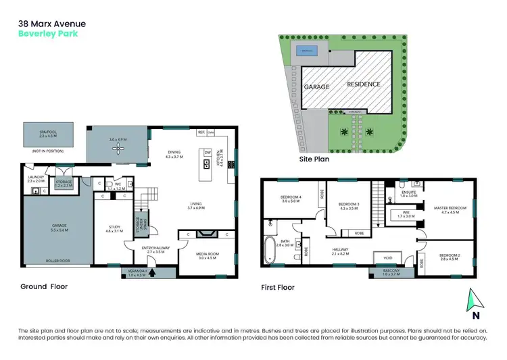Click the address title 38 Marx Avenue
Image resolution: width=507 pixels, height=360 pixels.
pos(51,24)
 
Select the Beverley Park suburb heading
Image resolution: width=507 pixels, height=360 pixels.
pos(43,34)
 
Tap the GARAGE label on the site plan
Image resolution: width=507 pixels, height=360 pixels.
pos(316,87)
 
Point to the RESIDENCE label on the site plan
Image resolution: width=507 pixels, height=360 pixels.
pos(364,84)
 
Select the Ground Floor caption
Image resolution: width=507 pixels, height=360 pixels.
pos(45,286)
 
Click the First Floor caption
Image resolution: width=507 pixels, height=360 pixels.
pos(278,287)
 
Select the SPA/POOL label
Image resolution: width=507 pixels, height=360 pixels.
pos(42,132)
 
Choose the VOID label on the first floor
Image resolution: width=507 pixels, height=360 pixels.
pos(387,256)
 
